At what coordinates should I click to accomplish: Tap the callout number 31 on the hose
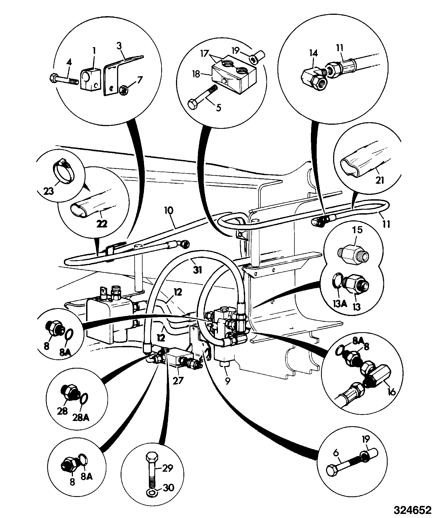tap(197, 270)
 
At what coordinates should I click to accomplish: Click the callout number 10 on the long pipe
tap(169, 211)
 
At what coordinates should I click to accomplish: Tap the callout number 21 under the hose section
tap(380, 180)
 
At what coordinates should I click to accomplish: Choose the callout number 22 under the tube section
tap(102, 224)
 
